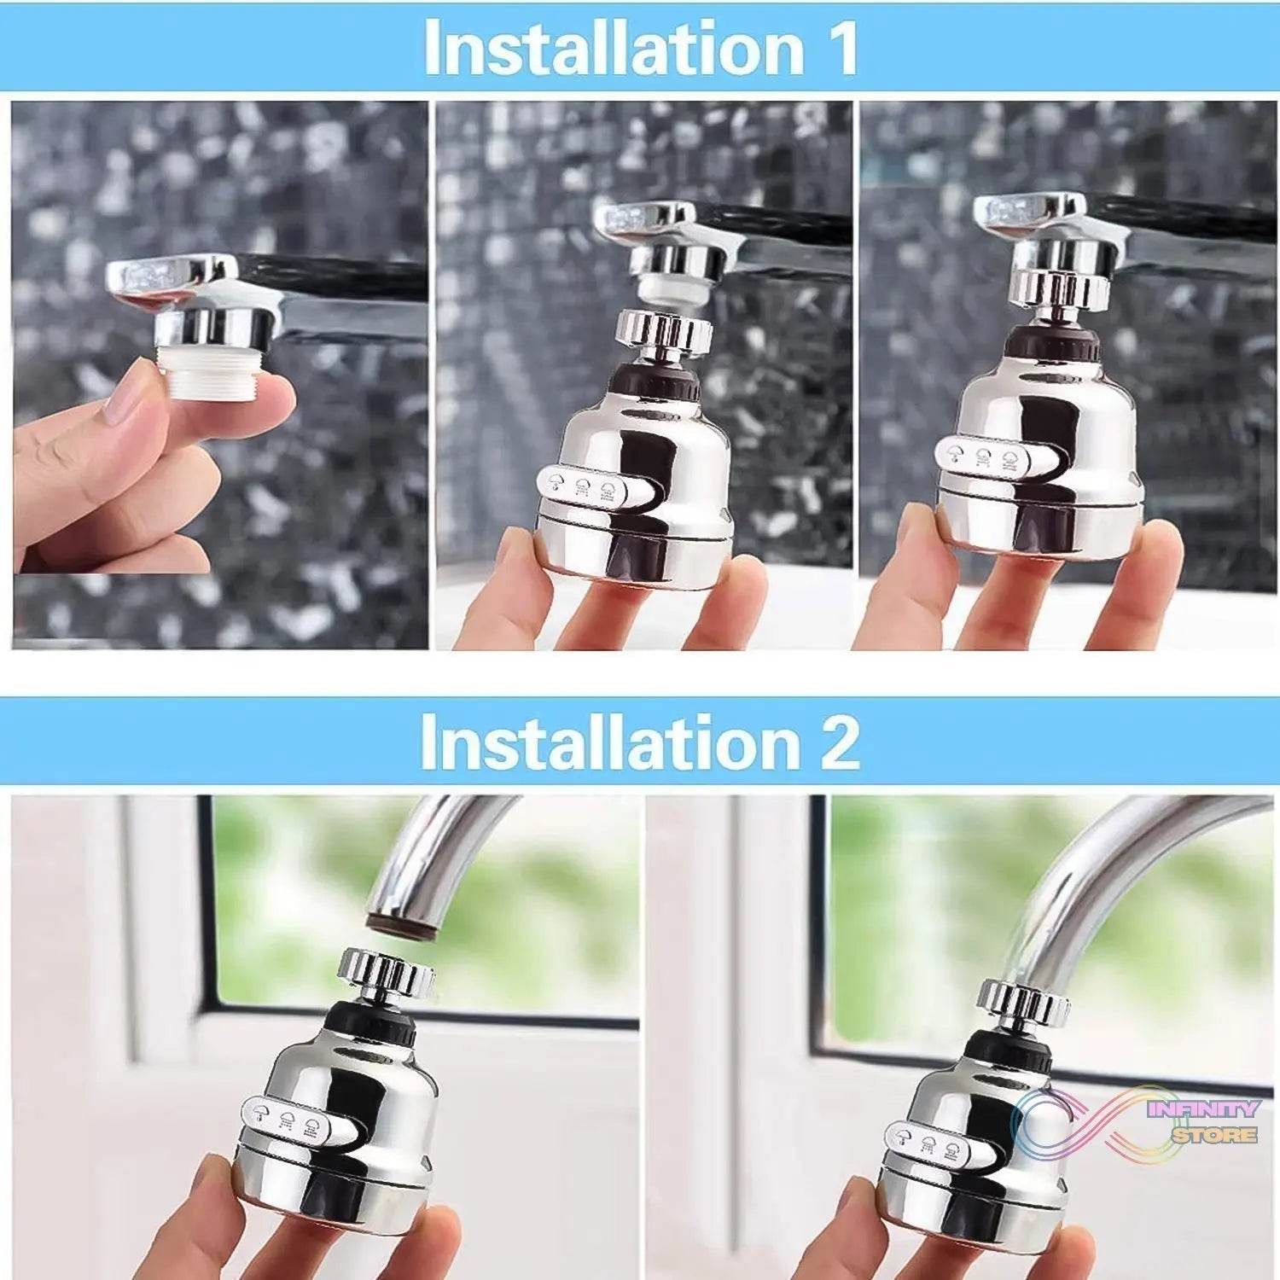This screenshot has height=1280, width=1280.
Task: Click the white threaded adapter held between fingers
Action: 212,373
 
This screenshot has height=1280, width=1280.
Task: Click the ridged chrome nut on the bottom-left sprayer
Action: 387,973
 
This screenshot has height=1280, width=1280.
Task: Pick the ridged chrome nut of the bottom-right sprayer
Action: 1024,1003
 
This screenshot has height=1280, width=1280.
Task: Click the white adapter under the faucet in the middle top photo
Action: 672,291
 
